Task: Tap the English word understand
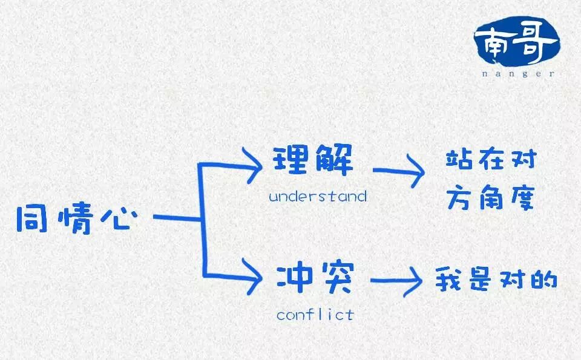click(318, 196)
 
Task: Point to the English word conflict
click(315, 315)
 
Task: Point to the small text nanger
click(518, 74)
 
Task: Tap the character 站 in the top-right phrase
click(459, 161)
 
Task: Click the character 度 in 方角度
click(521, 197)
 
